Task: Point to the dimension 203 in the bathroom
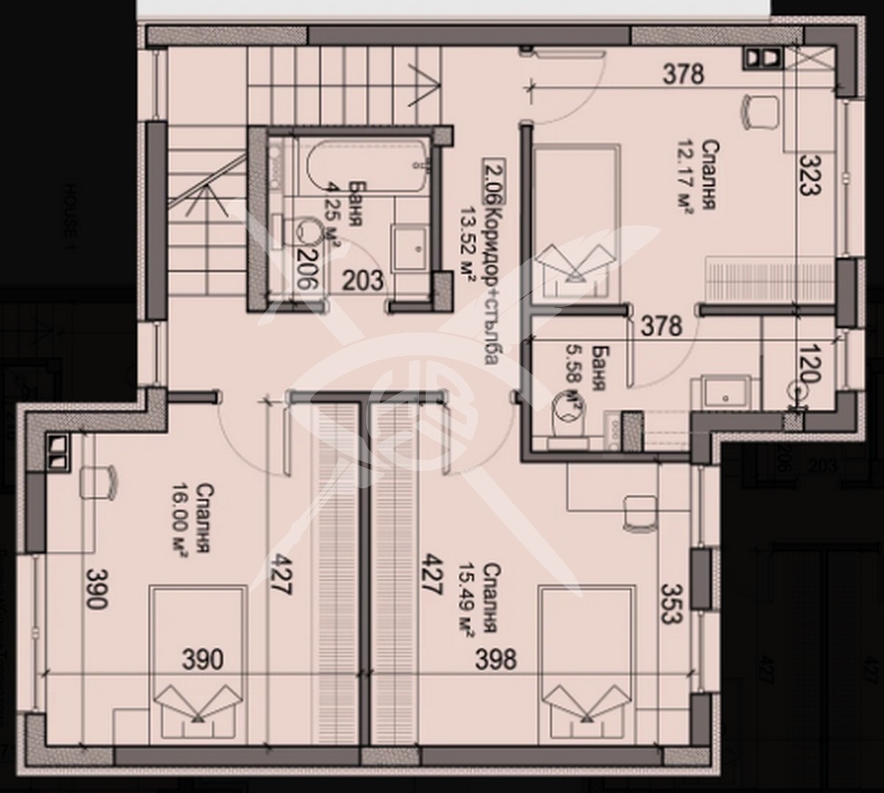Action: pos(363,280)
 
